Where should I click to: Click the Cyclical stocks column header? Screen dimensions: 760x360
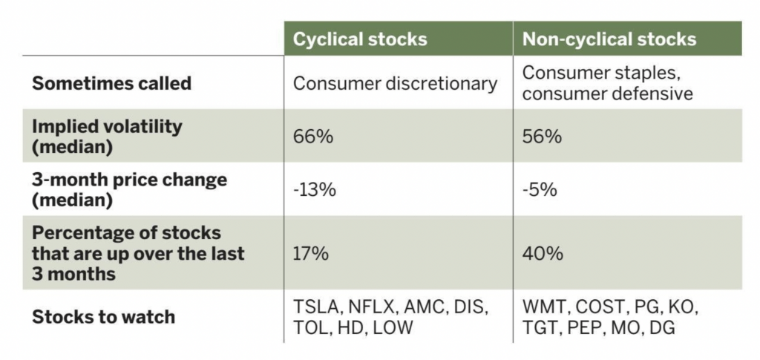click(x=360, y=39)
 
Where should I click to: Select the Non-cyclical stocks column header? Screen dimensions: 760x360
click(x=609, y=39)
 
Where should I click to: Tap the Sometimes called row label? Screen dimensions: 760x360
click(x=112, y=83)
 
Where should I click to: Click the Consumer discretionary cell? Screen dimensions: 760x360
click(x=395, y=84)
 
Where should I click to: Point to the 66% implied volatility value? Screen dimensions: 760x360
click(x=313, y=137)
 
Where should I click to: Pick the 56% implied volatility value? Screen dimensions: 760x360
click(x=542, y=137)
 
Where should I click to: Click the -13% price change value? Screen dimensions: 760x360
click(x=315, y=191)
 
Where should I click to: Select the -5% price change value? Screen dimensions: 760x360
click(x=540, y=191)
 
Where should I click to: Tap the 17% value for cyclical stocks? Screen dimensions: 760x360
click(x=311, y=254)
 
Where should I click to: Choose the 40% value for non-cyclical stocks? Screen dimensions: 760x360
click(x=543, y=254)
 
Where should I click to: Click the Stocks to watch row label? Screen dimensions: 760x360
click(x=104, y=318)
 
